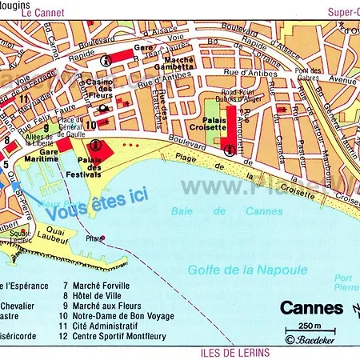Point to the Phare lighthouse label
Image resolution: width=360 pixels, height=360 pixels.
[96, 238]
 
